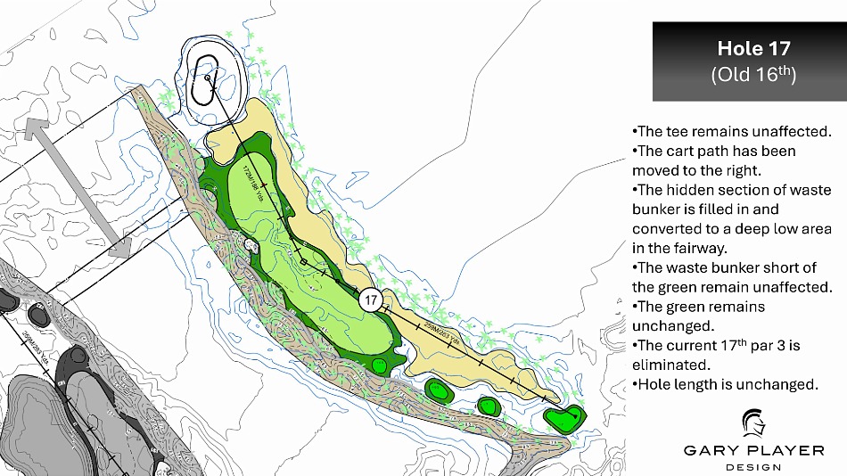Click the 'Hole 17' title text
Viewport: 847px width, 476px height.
point(753,49)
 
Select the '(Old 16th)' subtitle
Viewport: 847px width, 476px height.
point(753,74)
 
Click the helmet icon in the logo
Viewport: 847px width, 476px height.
point(754,425)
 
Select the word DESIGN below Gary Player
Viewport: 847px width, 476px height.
point(754,467)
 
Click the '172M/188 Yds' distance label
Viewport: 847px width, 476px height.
point(251,182)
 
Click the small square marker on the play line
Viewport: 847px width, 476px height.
point(303,261)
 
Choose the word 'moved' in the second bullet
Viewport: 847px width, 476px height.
point(655,170)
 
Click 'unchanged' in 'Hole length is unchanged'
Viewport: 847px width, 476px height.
point(778,385)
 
